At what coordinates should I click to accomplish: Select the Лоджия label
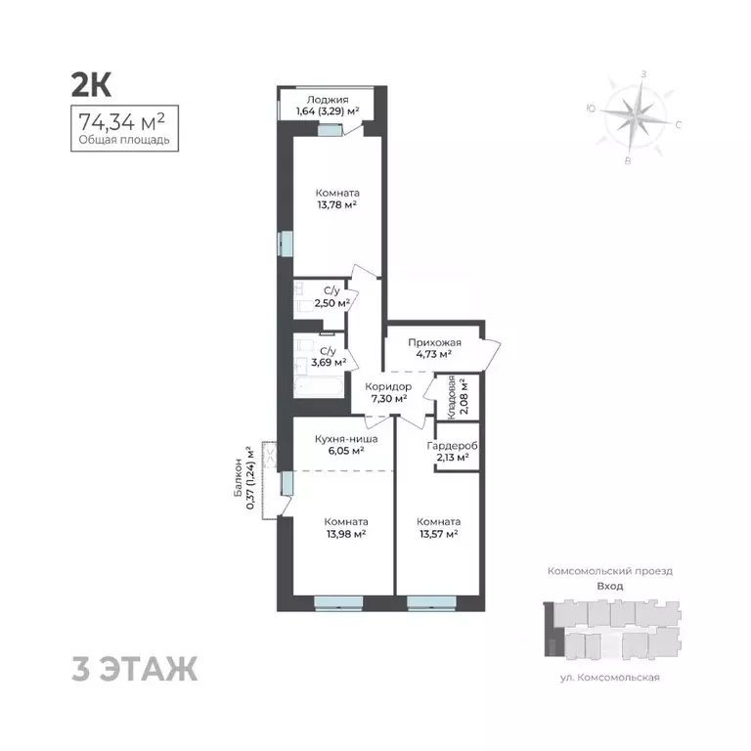[x=323, y=99]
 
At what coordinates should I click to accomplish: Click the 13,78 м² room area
[x=335, y=204]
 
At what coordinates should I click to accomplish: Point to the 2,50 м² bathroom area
[x=331, y=303]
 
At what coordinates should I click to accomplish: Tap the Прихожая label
[x=431, y=342]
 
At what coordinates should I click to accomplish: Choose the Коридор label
[x=388, y=386]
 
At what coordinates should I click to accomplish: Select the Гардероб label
[x=453, y=445]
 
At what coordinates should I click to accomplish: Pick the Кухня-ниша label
[x=339, y=439]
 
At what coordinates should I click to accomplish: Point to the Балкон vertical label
[x=238, y=479]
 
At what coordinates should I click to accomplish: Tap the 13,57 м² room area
[x=438, y=534]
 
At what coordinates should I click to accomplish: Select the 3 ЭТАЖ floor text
[x=135, y=671]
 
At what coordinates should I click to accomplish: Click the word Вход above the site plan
[x=609, y=586]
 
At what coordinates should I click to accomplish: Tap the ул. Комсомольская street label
[x=610, y=677]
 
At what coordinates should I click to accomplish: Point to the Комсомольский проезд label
[x=609, y=570]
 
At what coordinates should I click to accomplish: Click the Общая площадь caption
[x=123, y=140]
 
